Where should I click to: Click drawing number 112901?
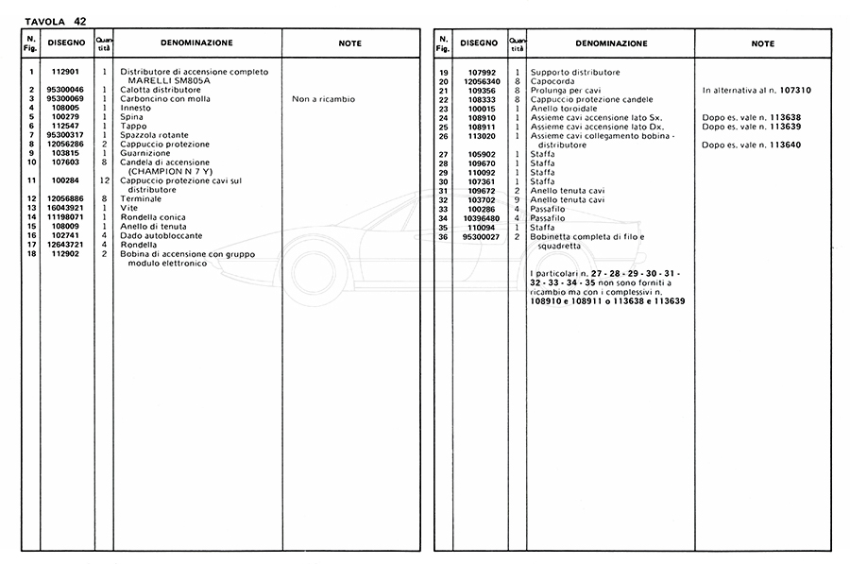pyautogui.click(x=68, y=72)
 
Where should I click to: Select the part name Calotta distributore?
pyautogui.click(x=160, y=90)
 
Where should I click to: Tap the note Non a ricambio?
pyautogui.click(x=324, y=99)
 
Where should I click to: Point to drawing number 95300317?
pyautogui.click(x=68, y=135)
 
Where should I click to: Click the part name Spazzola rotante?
pyautogui.click(x=155, y=135)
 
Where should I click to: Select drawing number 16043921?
pyautogui.click(x=68, y=208)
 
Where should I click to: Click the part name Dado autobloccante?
pyautogui.click(x=161, y=235)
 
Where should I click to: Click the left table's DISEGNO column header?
pyautogui.click(x=68, y=43)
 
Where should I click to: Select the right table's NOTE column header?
pyautogui.click(x=763, y=43)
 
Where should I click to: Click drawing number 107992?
pyautogui.click(x=483, y=73)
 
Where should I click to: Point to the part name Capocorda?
pyautogui.click(x=553, y=81)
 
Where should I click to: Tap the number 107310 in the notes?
pyautogui.click(x=797, y=91)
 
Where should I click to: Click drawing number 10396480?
pyautogui.click(x=483, y=218)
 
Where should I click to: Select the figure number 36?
pyautogui.click(x=442, y=236)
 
